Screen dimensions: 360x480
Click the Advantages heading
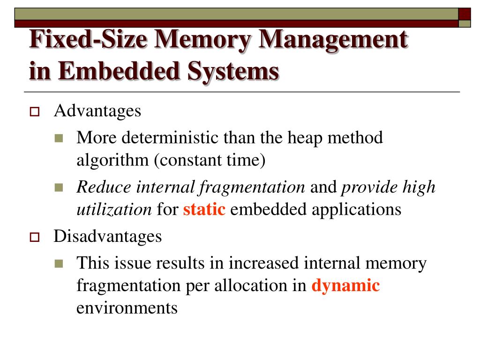coord(97,111)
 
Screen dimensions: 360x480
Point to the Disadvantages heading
coord(108,236)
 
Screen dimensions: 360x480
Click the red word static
coord(204,209)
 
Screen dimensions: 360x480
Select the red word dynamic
coord(345,285)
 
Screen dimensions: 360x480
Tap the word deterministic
coord(172,138)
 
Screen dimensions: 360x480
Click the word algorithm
coord(112,161)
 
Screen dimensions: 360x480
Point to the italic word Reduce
coord(104,187)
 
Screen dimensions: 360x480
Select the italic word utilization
coord(114,210)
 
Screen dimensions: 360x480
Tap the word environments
coord(127,308)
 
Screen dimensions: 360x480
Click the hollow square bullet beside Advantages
coord(35,112)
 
